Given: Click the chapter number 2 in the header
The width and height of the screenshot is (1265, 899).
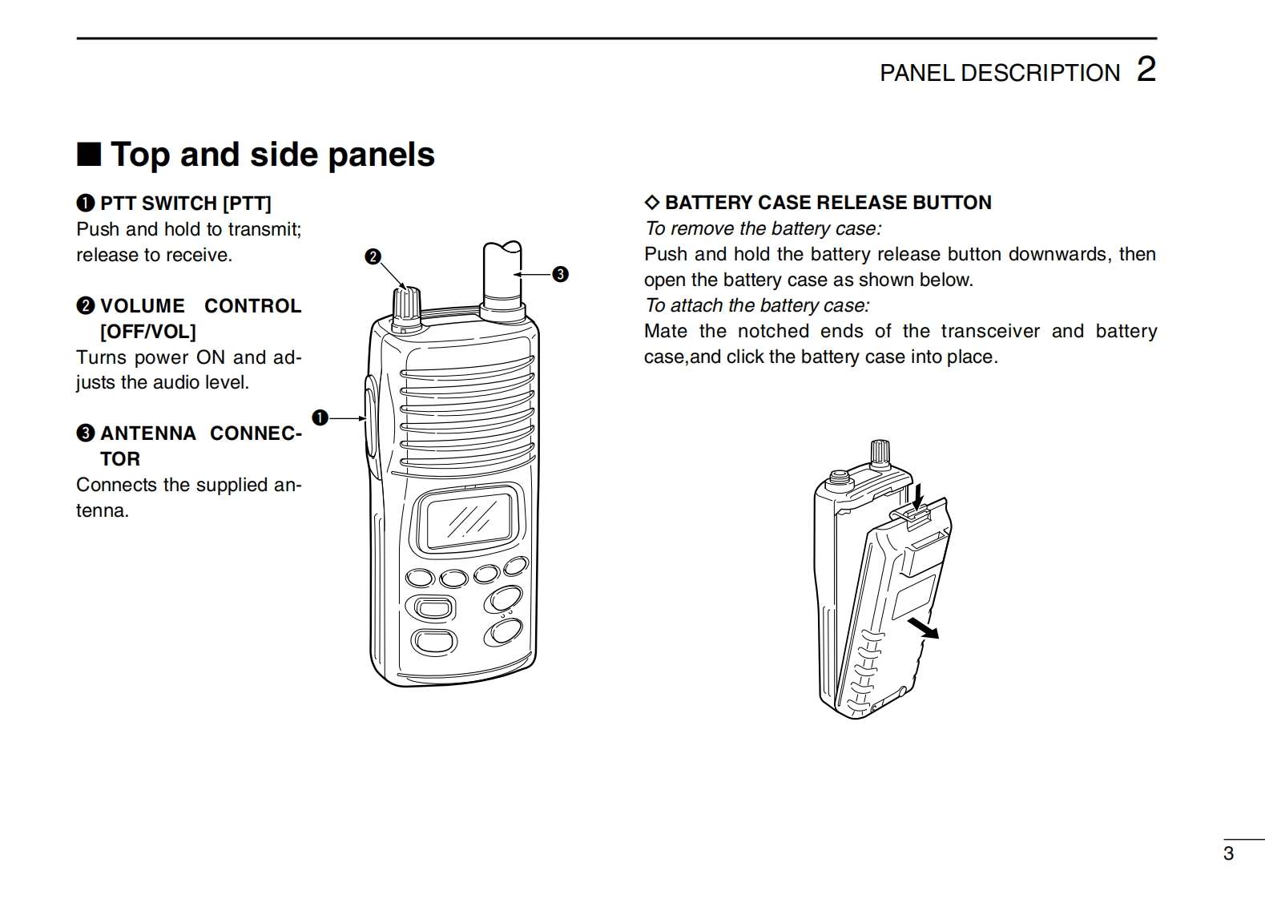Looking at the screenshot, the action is pyautogui.click(x=1146, y=70).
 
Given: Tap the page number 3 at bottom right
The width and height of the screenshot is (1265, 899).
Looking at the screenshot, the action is pyautogui.click(x=1228, y=853).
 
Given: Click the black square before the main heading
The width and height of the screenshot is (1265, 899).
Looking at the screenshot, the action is pyautogui.click(x=89, y=154).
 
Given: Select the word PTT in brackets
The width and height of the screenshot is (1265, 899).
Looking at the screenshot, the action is pyautogui.click(x=247, y=204).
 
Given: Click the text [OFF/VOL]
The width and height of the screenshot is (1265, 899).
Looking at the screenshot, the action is pyautogui.click(x=148, y=332).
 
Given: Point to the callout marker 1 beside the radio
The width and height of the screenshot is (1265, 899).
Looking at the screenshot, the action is pyautogui.click(x=320, y=418).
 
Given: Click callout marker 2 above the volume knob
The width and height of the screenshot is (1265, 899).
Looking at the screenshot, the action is pyautogui.click(x=373, y=257).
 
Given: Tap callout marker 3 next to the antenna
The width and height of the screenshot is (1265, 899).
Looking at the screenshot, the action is pyautogui.click(x=560, y=275).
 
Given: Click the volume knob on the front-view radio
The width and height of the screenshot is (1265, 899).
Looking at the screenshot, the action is pyautogui.click(x=407, y=309).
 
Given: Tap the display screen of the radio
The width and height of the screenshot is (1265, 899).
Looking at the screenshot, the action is pyautogui.click(x=469, y=520).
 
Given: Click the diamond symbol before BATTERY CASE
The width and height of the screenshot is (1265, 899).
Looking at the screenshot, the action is pyautogui.click(x=652, y=203).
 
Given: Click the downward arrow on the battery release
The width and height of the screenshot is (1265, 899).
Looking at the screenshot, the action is pyautogui.click(x=918, y=496).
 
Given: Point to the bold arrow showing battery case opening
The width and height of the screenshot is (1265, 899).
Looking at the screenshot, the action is pyautogui.click(x=924, y=628).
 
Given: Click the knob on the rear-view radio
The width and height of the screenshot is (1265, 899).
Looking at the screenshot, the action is pyautogui.click(x=880, y=456).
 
